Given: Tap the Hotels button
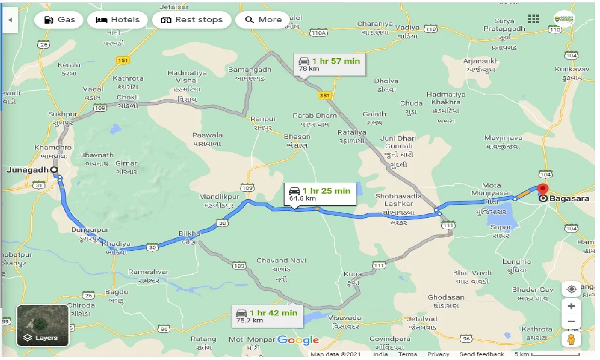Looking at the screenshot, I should coord(118,20).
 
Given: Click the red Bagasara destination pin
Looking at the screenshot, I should coord(543,190).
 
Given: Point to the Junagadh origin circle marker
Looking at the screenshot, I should coord(54,170).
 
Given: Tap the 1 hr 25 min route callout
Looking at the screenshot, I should coord(320,194).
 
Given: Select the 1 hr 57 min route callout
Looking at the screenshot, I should coord(330,64).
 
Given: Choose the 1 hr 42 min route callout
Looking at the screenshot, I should coord(267,316).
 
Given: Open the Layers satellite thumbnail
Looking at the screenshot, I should coord(43,326).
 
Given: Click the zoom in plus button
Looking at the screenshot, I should coord(571,306).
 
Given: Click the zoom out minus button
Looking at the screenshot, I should coord(571,322).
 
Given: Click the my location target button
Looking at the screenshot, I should coord(571,289).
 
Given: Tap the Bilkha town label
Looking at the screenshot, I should coord(189,233).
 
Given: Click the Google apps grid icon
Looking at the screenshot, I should coord(533,19).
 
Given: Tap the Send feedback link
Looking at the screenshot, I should coord(481,354).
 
